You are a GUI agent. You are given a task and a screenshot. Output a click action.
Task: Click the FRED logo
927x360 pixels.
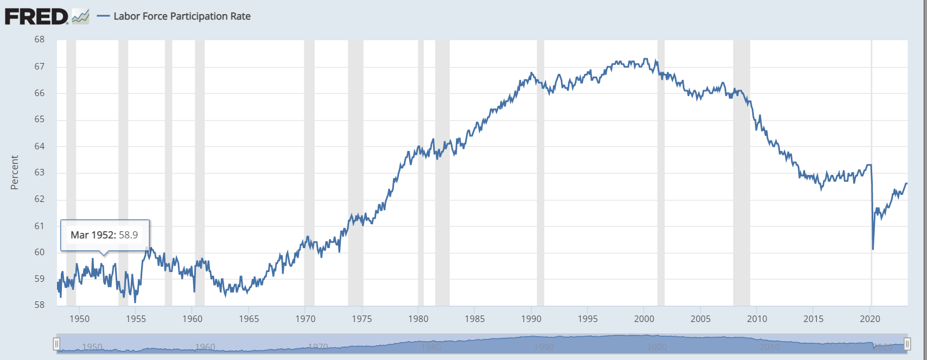click(36, 16)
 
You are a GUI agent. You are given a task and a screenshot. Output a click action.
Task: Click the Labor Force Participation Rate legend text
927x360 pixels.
click(182, 16)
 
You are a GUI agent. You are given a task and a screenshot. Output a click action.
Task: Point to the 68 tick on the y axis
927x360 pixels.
click(39, 40)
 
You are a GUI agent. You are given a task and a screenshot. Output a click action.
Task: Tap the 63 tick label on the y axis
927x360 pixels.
click(39, 173)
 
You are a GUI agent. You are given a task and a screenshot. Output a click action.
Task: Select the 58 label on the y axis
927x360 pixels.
click(39, 305)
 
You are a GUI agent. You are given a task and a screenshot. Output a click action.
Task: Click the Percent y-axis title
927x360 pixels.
click(15, 173)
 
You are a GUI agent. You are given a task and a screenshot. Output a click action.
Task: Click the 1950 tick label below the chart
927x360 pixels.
click(79, 319)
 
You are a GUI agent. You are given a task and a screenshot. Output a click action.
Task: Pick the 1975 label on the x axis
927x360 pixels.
click(361, 319)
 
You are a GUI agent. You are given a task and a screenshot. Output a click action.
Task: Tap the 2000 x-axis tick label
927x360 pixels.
click(644, 319)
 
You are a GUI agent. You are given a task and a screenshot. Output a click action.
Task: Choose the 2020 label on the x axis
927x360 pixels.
click(870, 319)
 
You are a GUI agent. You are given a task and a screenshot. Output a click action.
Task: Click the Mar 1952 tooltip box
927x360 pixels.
click(105, 235)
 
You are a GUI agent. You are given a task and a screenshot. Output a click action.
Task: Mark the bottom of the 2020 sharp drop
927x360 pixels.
click(873, 249)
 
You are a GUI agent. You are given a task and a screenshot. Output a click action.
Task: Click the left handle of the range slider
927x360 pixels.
click(56, 344)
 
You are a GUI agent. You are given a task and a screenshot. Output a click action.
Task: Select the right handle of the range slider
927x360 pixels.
click(907, 344)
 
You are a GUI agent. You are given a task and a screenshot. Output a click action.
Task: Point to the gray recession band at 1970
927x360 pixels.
click(309, 163)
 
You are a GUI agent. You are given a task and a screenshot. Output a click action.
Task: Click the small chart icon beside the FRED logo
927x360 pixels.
click(80, 16)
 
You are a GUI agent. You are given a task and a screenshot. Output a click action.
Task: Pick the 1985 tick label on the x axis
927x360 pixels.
click(475, 319)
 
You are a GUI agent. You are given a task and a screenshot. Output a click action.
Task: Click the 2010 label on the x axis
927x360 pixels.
click(757, 319)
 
